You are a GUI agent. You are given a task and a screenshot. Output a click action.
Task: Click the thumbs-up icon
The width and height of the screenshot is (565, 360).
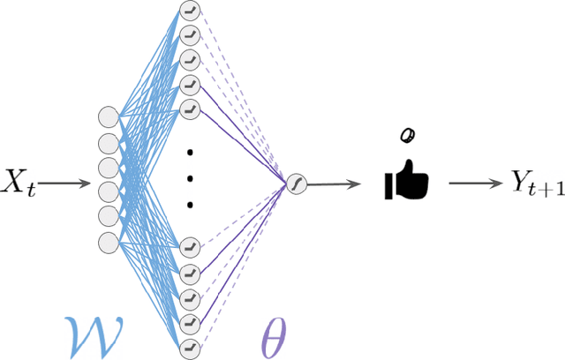pyautogui.click(x=406, y=182)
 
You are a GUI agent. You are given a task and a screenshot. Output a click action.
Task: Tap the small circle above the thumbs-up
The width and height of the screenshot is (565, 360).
pyautogui.click(x=407, y=134)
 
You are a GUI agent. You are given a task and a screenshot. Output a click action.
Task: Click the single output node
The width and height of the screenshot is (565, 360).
pyautogui.click(x=294, y=184)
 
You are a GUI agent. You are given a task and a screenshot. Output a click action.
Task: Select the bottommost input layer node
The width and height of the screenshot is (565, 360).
pyautogui.click(x=108, y=241)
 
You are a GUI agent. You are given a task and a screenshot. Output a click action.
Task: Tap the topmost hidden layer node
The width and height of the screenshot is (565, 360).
pyautogui.click(x=189, y=11)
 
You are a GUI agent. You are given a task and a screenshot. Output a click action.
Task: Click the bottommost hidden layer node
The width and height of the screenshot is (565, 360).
pyautogui.click(x=189, y=349)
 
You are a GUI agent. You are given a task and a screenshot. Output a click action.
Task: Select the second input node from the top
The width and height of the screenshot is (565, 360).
pyautogui.click(x=108, y=142)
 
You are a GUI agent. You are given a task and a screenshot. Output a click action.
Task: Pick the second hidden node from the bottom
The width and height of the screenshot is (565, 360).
pyautogui.click(x=189, y=324)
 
